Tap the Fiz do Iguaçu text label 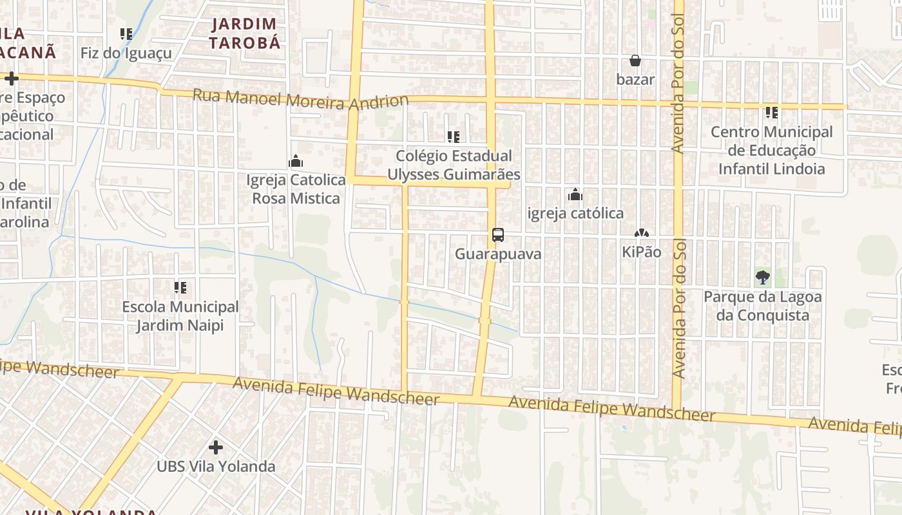click(126, 53)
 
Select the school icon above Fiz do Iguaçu click(126, 33)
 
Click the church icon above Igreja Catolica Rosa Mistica click(296, 161)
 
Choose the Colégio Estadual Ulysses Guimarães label click(454, 165)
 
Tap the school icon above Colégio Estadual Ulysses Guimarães click(454, 136)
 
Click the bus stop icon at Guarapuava click(498, 235)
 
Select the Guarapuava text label click(498, 254)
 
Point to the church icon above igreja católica click(575, 194)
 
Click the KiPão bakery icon click(641, 233)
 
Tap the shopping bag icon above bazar click(635, 61)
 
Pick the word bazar click(635, 80)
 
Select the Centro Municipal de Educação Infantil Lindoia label click(771, 151)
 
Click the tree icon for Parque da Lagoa click(763, 278)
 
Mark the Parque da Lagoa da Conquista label click(763, 306)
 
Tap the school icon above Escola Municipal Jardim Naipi click(180, 288)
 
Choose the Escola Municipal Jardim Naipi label click(180, 316)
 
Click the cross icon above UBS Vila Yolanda click(216, 447)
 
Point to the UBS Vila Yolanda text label click(216, 467)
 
